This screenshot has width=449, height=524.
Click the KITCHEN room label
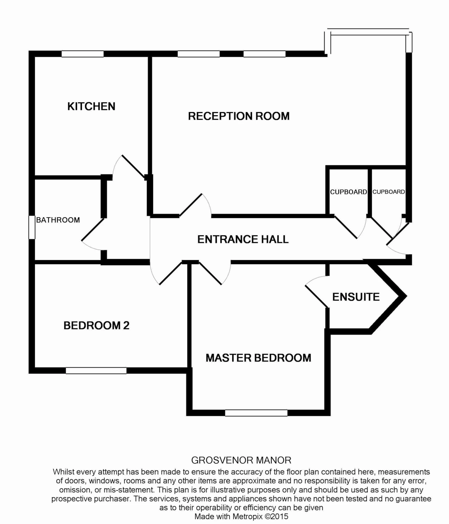point(91,106)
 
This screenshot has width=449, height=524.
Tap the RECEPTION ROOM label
point(239,116)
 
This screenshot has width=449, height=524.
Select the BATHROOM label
point(58,220)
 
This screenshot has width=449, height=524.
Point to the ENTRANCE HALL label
point(243,239)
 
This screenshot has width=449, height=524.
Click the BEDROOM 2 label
point(96,326)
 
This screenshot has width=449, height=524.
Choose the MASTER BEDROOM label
point(258,358)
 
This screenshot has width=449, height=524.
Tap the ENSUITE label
point(356,297)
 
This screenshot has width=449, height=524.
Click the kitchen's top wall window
point(83,54)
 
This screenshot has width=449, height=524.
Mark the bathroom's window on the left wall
point(32,227)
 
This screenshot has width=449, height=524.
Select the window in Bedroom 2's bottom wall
point(96,371)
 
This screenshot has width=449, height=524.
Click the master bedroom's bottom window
point(256,413)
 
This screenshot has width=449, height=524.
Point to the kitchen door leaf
point(133,167)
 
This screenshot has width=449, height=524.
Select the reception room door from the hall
point(191,205)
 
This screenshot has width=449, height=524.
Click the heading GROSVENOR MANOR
point(241,460)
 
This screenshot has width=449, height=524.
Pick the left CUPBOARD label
point(348,192)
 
